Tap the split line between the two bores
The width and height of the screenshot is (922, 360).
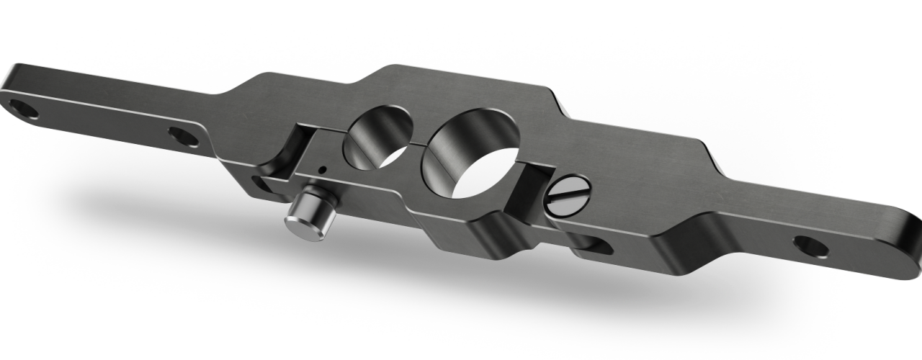[x=418, y=145]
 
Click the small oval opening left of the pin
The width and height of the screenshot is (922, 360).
[x=257, y=179]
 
